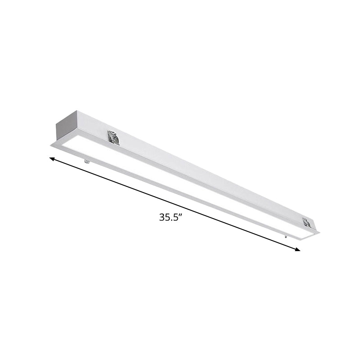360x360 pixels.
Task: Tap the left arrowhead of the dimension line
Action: coord(52,158)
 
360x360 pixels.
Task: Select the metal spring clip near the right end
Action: coord(306,222)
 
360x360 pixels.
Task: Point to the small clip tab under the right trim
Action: coord(286,235)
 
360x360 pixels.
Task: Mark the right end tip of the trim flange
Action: coord(319,233)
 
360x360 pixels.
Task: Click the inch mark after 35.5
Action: coord(184,215)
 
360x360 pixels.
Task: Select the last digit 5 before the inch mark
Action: coord(178,216)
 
